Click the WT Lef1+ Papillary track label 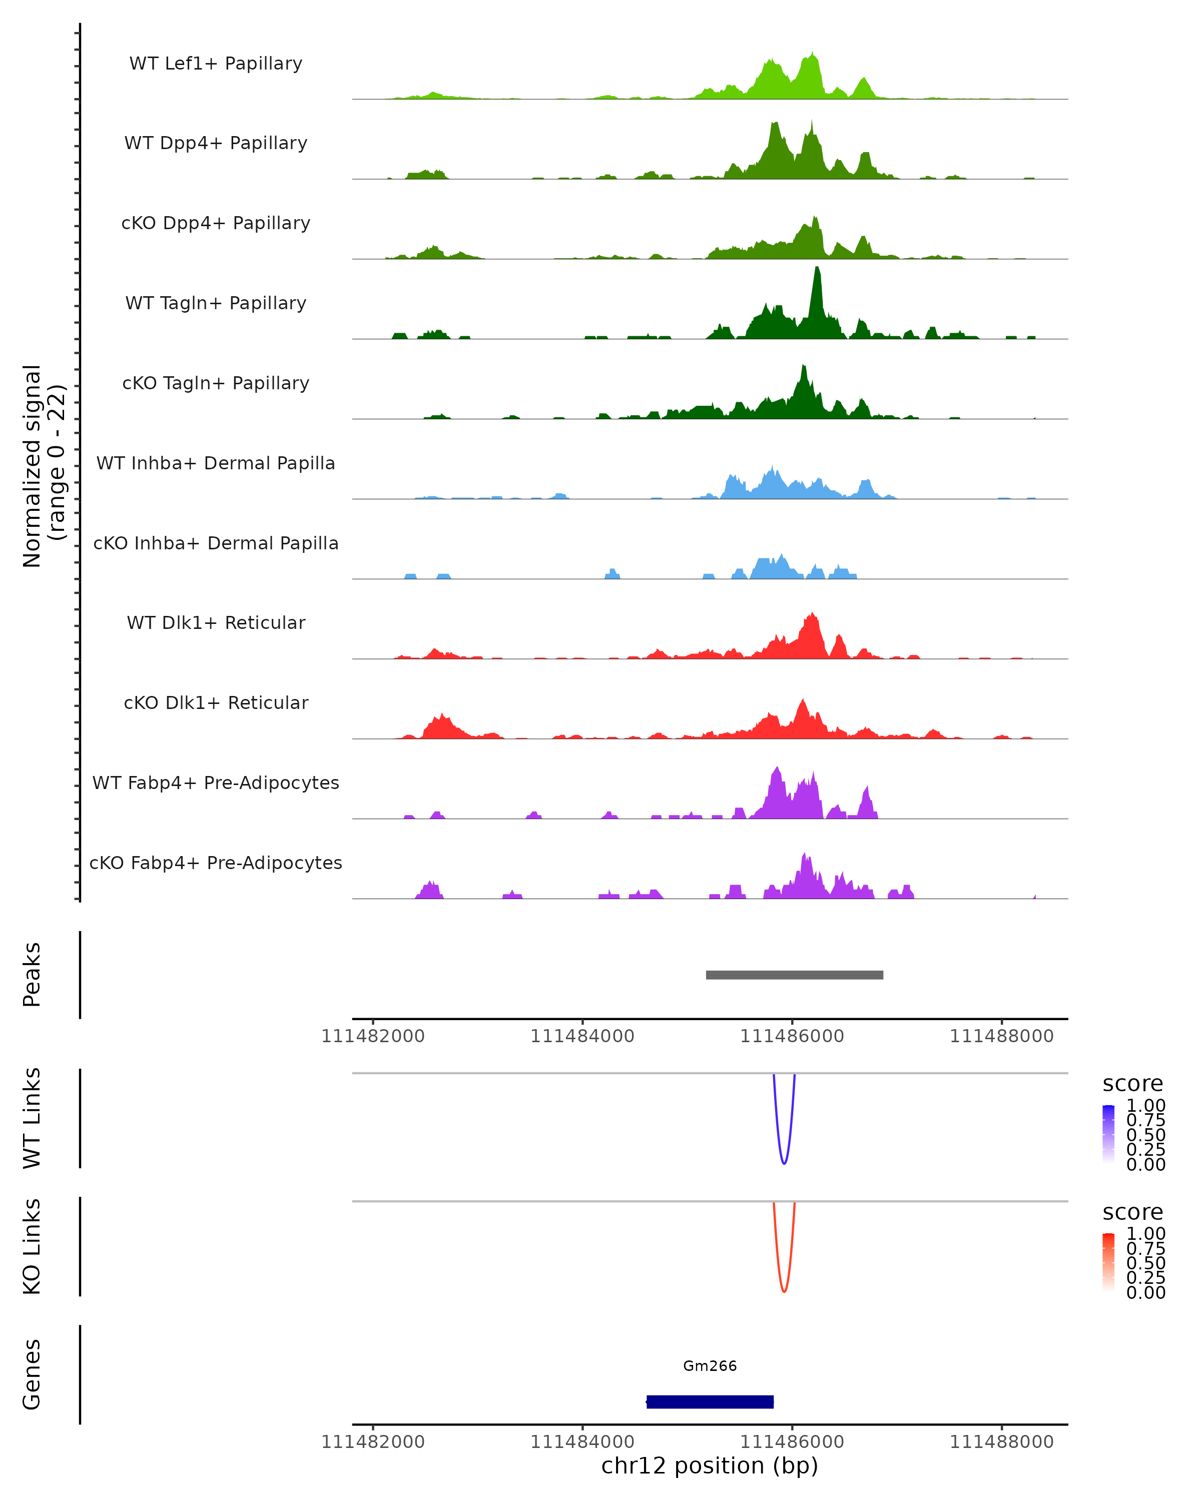[216, 64]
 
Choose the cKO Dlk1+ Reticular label [216, 702]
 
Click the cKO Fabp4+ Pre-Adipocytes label [216, 863]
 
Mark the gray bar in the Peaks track [794, 975]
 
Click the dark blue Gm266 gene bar [710, 1401]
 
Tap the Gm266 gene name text [710, 1366]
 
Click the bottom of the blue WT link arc [784, 1163]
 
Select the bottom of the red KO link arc [784, 1291]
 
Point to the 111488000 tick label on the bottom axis [1001, 1442]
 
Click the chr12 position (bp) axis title [710, 1466]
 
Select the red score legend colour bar [1108, 1262]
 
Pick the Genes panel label [32, 1374]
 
